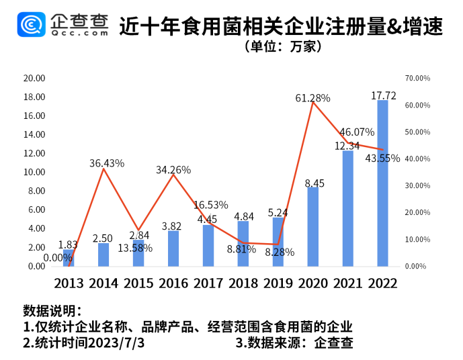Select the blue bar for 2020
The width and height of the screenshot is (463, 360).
pyautogui.click(x=312, y=227)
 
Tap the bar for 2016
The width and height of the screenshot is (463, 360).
pyautogui.click(x=173, y=249)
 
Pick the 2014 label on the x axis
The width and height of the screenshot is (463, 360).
pyautogui.click(x=103, y=283)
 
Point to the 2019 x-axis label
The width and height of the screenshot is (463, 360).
pyautogui.click(x=278, y=283)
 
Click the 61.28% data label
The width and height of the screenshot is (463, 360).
pyautogui.click(x=312, y=98)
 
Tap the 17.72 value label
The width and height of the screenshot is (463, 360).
pyautogui.click(x=384, y=96)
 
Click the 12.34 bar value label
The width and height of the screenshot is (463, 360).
pyautogui.click(x=348, y=146)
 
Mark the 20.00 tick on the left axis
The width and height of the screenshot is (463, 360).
pyautogui.click(x=34, y=78)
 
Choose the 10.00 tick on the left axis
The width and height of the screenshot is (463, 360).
pyautogui.click(x=34, y=172)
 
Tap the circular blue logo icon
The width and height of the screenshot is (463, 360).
pyautogui.click(x=32, y=26)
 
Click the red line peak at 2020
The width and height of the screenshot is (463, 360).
pyautogui.click(x=312, y=102)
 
